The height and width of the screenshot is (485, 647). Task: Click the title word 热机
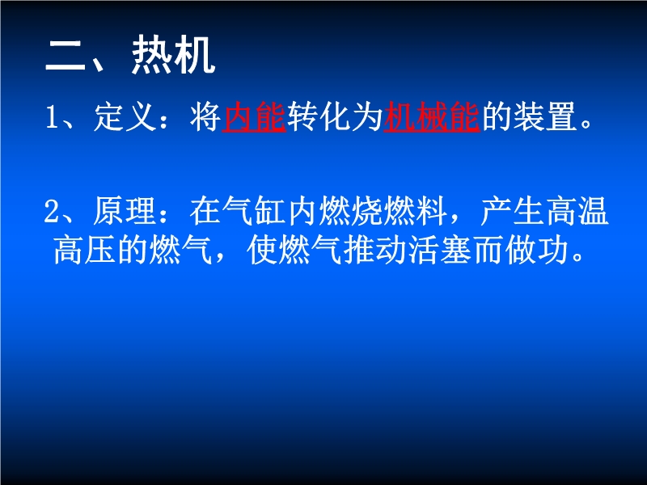[x=173, y=54]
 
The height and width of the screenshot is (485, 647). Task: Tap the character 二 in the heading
[x=66, y=55]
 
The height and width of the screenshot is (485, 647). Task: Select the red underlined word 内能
[x=254, y=117]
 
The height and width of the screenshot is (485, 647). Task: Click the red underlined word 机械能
[x=432, y=117]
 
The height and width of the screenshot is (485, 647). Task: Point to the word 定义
[x=125, y=117]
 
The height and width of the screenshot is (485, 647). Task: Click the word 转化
[x=319, y=117]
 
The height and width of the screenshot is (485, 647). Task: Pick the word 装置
[x=544, y=117]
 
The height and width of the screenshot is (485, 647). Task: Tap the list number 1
[x=52, y=117]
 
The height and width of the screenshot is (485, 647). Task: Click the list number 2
[x=52, y=211]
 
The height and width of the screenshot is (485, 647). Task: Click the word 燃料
[x=416, y=211]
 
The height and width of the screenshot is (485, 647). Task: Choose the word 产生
[x=512, y=211]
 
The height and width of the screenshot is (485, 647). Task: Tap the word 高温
[x=577, y=211]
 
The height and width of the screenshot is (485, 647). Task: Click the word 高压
[x=85, y=250]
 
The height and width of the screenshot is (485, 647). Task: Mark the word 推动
[x=375, y=250]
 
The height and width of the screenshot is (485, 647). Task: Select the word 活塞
[x=440, y=250]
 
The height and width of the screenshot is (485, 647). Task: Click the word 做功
[x=537, y=250]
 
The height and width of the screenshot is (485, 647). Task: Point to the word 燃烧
[x=351, y=211]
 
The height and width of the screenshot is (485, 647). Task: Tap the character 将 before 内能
[x=205, y=117]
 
